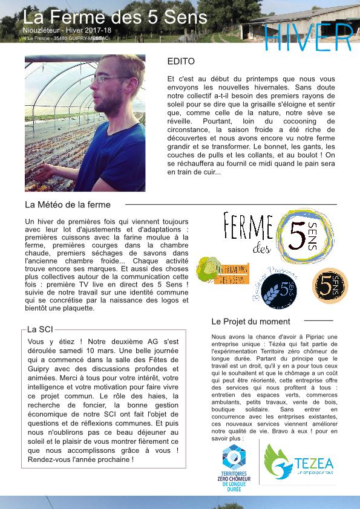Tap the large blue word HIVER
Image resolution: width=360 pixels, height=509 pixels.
pyautogui.click(x=309, y=37)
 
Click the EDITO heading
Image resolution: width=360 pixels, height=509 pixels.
pyautogui.click(x=181, y=62)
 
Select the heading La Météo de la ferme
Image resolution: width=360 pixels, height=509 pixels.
pyautogui.click(x=67, y=205)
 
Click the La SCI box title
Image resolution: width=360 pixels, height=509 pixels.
pyautogui.click(x=41, y=329)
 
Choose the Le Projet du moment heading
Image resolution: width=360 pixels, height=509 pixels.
pyautogui.click(x=250, y=322)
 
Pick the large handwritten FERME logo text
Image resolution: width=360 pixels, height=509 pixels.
pyautogui.click(x=248, y=227)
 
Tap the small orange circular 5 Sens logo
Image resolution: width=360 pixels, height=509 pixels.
pyautogui.click(x=330, y=285)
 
